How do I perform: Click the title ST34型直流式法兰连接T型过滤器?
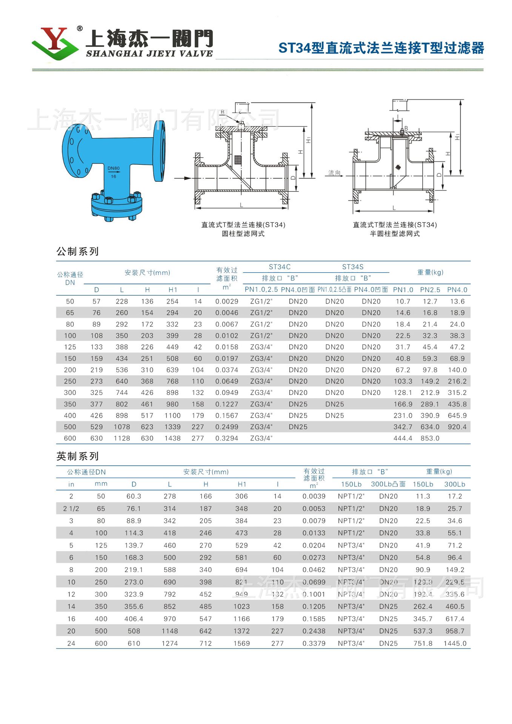381,48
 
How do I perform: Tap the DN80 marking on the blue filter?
113,168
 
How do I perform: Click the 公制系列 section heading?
78,251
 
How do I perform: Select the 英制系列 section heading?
78,456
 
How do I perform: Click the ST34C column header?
280,267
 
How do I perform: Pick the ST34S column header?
353,267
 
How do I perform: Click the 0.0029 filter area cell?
227,301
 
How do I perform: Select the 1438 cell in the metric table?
172,438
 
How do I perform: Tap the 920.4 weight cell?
457,427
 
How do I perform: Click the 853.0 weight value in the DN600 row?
430,438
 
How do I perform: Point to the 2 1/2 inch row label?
71,509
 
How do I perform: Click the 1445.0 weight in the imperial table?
455,643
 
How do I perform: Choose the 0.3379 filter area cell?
314,643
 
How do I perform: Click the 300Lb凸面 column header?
388,484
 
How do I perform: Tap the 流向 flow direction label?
334,173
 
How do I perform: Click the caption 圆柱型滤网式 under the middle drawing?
243,234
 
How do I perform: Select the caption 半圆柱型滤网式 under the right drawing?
395,234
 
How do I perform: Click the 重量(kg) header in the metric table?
430,272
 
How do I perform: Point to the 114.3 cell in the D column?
134,533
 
